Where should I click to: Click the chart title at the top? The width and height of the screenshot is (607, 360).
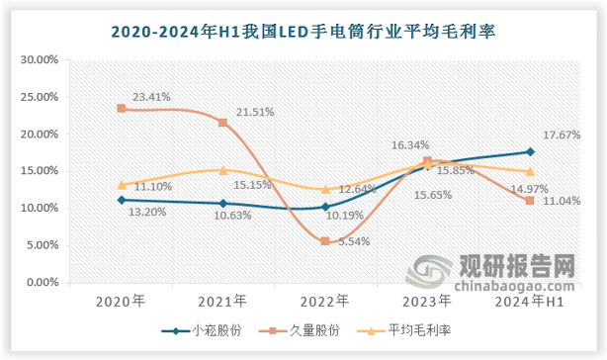[303, 31]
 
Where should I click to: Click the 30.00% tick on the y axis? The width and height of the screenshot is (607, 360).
[41, 59]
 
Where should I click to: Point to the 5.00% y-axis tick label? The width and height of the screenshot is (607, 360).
[43, 245]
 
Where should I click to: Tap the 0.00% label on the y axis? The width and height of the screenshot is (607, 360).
[43, 282]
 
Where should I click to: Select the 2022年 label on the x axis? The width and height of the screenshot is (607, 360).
[325, 301]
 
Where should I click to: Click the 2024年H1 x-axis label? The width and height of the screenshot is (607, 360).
[530, 301]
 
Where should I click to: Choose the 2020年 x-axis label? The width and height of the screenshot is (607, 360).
[121, 301]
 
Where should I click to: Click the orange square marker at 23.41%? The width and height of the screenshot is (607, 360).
[122, 109]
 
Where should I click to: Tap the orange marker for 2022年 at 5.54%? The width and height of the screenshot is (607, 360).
[325, 241]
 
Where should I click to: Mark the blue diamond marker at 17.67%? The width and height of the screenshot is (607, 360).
[530, 151]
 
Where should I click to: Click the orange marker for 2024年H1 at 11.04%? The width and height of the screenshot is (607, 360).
[530, 201]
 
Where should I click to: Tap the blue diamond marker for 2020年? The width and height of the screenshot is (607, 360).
[122, 200]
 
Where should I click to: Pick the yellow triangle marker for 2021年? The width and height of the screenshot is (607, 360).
[223, 170]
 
